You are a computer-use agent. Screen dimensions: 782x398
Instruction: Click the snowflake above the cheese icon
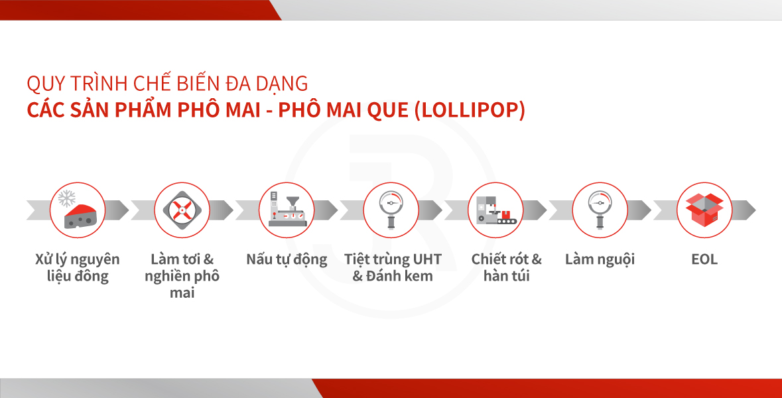point(66,198)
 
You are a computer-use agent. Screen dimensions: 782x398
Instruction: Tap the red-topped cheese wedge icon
point(80,216)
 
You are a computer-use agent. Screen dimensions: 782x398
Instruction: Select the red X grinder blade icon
point(182,210)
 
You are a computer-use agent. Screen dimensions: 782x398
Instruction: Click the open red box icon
point(704,210)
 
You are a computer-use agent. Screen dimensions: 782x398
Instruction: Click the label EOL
point(704,259)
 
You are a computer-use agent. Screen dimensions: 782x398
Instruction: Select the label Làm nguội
point(600,260)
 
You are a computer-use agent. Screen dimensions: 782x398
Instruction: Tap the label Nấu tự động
point(287,260)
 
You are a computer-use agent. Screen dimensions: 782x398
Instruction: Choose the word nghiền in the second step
point(168,277)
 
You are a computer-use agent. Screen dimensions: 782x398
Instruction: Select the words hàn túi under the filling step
point(506,276)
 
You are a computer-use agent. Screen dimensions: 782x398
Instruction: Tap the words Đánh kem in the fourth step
point(399,276)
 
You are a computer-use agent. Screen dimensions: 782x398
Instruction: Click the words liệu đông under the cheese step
point(78,277)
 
